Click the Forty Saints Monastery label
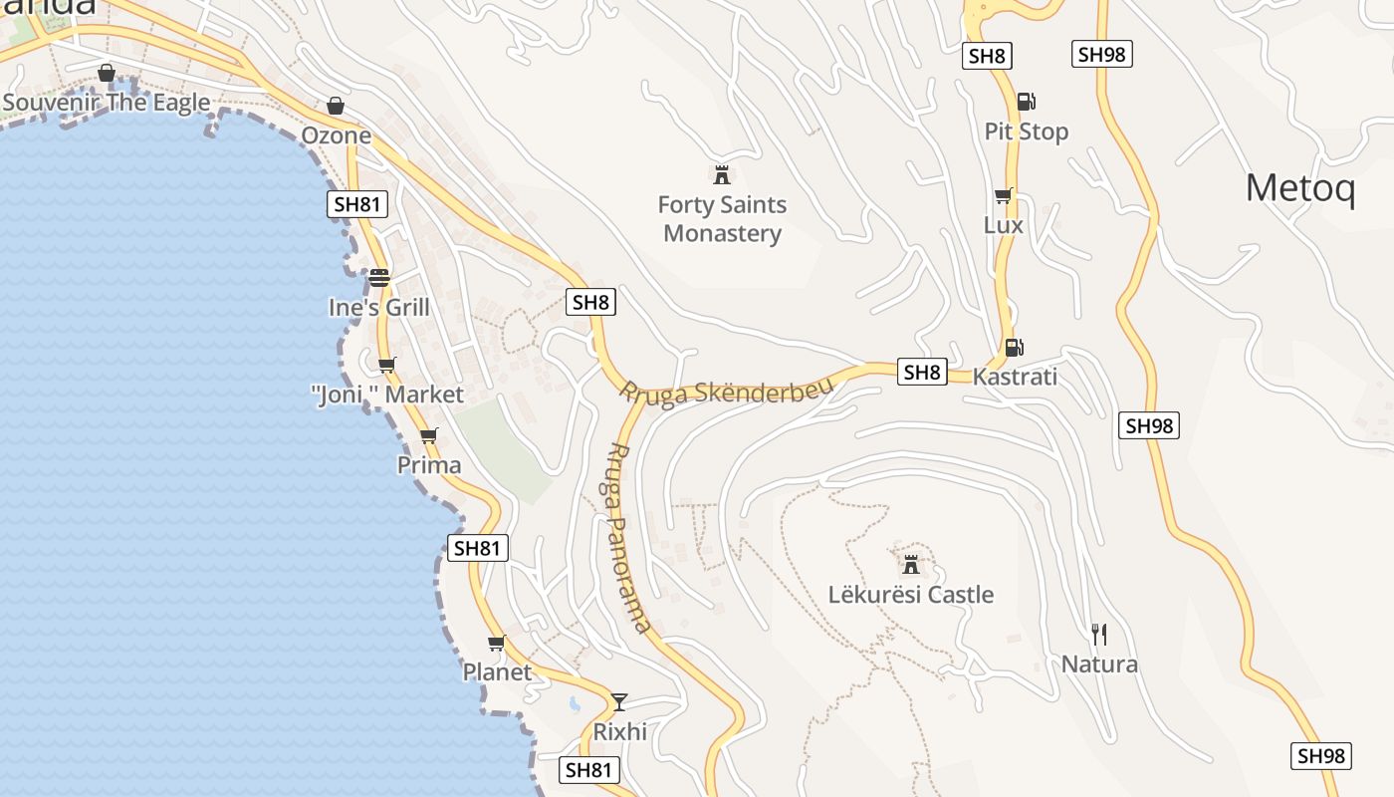coord(722,219)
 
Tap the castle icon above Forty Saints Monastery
coord(722,175)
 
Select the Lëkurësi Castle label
coord(911,595)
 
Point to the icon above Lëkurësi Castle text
coord(910,565)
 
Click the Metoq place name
coord(1300,187)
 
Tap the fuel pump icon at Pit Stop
coord(1026,101)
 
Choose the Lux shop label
coord(1003,225)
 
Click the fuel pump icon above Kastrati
coord(1014,348)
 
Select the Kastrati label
coord(1015,378)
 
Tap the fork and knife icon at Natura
coord(1099,634)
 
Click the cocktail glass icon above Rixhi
coord(619,702)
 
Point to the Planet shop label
coord(497,672)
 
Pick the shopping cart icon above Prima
coord(429,435)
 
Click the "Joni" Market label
coord(387,395)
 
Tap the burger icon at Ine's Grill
coord(378,278)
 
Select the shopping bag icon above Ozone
coord(336,106)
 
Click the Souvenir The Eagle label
coord(107,103)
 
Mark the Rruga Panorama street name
coord(629,538)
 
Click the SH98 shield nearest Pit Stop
coord(1101,55)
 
